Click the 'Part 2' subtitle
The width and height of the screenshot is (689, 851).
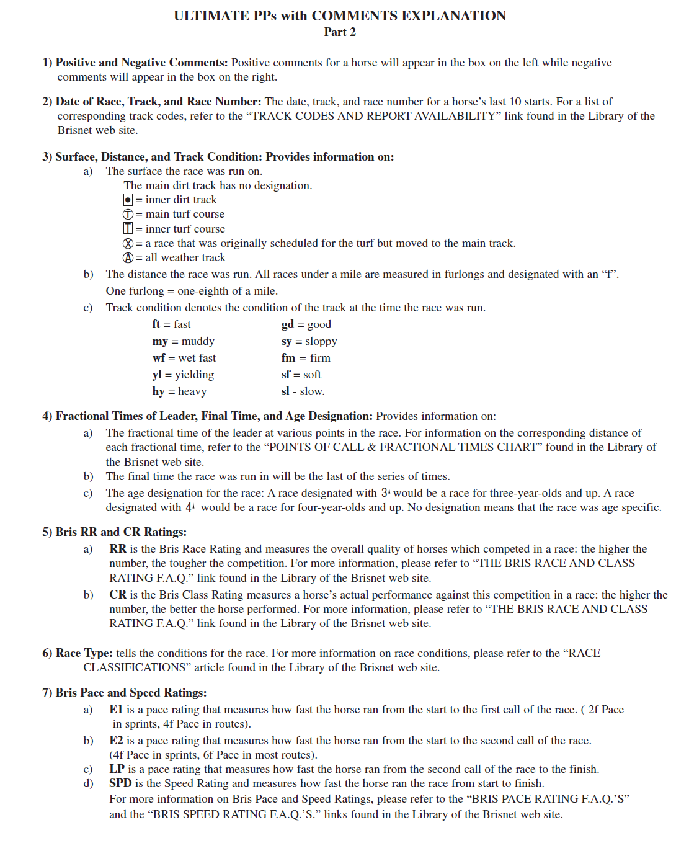click(340, 32)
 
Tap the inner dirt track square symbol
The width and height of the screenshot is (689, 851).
click(128, 200)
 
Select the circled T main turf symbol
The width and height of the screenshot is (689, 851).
click(128, 215)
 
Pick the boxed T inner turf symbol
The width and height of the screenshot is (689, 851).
click(128, 229)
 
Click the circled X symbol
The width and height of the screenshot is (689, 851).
click(128, 244)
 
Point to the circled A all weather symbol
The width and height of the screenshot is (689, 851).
click(128, 258)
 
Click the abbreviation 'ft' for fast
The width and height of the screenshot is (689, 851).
click(156, 324)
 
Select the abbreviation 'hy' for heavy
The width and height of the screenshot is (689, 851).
click(158, 391)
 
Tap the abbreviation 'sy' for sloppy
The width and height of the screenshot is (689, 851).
click(286, 341)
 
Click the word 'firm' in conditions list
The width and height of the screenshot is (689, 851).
click(320, 358)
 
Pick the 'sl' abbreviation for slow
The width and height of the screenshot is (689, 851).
click(285, 391)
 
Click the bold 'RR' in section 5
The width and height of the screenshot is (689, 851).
click(118, 549)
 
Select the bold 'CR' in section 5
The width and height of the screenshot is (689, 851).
click(118, 595)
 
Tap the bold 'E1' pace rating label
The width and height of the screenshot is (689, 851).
click(116, 710)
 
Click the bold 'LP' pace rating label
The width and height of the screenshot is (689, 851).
click(117, 769)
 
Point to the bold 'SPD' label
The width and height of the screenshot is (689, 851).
click(120, 783)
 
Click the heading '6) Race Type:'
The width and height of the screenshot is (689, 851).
click(78, 653)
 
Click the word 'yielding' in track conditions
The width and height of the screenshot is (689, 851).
click(194, 375)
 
